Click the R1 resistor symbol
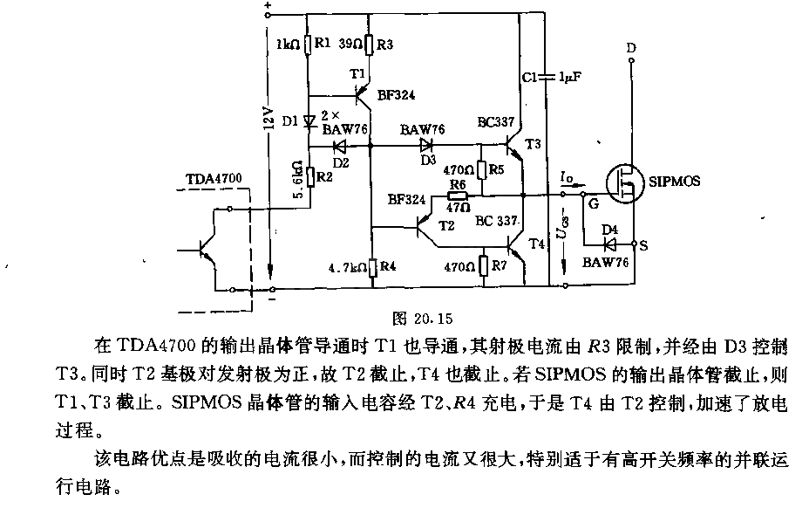(x=308, y=45)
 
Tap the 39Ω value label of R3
(x=350, y=45)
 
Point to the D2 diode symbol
(x=339, y=147)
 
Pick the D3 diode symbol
(x=426, y=145)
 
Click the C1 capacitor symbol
(x=547, y=78)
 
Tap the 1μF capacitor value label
(x=570, y=77)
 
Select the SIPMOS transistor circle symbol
(x=625, y=183)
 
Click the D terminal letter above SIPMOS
(x=631, y=48)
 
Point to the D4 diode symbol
(x=610, y=244)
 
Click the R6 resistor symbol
(x=457, y=196)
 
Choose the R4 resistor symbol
(x=373, y=267)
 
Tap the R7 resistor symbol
(x=484, y=266)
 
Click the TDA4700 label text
(x=214, y=179)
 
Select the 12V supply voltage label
(x=268, y=119)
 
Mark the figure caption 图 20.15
(x=423, y=319)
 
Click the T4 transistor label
(x=537, y=243)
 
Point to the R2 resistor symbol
(x=310, y=176)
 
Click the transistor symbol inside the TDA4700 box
(x=207, y=251)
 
